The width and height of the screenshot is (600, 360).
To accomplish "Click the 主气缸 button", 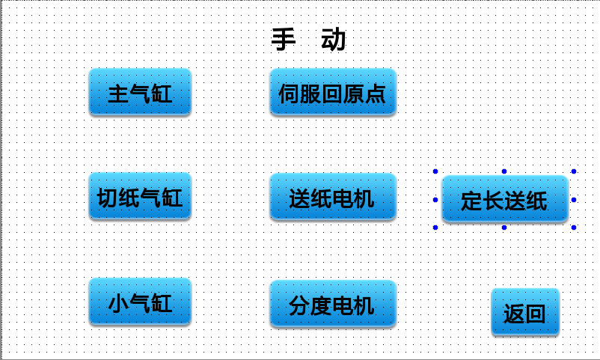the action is point(140,92).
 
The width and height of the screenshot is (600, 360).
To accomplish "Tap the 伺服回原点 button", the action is point(333,92).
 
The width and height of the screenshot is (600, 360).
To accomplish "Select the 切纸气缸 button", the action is point(140,196).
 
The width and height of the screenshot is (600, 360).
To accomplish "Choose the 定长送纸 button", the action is point(505,199).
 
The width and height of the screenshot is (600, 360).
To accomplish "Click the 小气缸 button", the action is point(140,302).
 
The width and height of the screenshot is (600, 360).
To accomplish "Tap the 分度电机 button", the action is point(333,304).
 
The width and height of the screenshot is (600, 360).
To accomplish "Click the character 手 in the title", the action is point(284,39).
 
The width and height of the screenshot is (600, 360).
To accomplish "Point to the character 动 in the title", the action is point(333,39).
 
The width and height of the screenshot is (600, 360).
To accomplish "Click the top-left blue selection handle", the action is point(435,171).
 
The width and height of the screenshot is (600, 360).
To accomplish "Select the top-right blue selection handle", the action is point(574,171).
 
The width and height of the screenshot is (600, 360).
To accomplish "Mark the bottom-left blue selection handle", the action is point(435,228).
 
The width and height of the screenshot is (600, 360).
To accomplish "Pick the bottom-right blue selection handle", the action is point(574,228).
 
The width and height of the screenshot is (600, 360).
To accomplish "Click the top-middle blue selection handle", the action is point(504,171).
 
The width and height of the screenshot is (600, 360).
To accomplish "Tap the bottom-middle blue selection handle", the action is point(504,228).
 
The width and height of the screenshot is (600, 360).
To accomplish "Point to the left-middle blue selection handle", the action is point(435,200).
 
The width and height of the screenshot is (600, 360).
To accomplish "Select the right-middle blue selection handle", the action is point(574,200).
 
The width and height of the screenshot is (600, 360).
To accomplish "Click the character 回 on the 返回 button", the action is point(536,314).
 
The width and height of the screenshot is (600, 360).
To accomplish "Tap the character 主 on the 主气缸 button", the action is point(118,94).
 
